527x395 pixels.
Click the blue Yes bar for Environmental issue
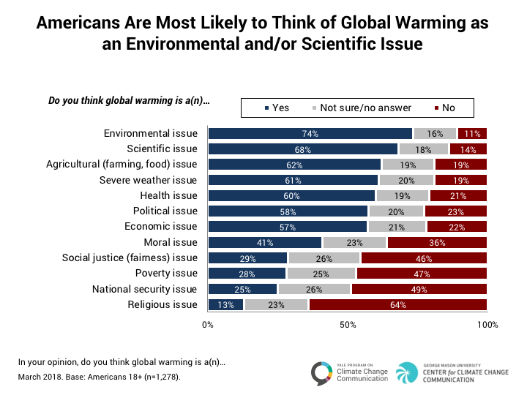point(310,133)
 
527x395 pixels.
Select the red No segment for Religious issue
point(397,304)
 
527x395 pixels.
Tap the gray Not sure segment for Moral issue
point(354,242)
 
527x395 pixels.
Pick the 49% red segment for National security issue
point(419,289)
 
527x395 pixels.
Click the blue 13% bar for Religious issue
point(225,304)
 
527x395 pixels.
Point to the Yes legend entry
point(276,108)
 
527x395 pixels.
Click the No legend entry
point(444,108)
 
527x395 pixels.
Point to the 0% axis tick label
point(208,325)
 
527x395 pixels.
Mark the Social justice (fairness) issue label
point(130,257)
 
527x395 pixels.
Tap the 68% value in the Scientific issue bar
point(302,148)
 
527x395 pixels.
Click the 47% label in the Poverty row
point(420,274)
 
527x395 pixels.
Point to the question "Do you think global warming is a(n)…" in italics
point(129,101)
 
